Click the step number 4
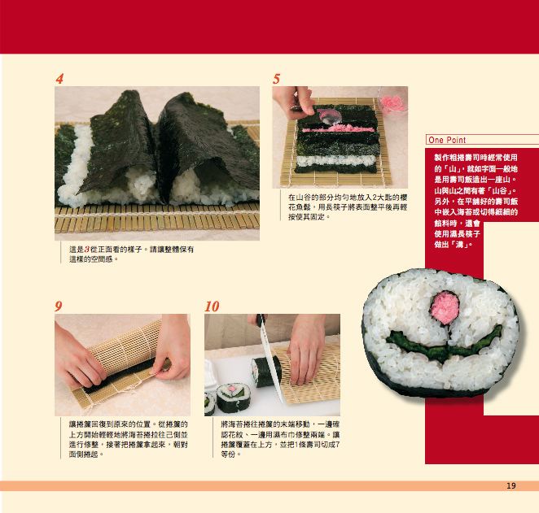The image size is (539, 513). pyautogui.click(x=59, y=79)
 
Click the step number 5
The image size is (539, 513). pyautogui.click(x=276, y=79)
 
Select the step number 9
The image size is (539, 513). pyautogui.click(x=59, y=306)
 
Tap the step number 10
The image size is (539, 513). pyautogui.click(x=212, y=306)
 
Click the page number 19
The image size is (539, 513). pyautogui.click(x=511, y=485)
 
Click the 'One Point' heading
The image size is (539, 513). pyautogui.click(x=447, y=140)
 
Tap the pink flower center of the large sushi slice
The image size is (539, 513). pyautogui.click(x=445, y=307)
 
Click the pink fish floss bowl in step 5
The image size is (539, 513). pyautogui.click(x=392, y=102)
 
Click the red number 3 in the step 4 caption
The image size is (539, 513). pyautogui.click(x=87, y=250)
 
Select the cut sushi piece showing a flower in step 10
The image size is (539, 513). pyautogui.click(x=232, y=398)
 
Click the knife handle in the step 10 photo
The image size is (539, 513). pyautogui.click(x=261, y=320)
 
